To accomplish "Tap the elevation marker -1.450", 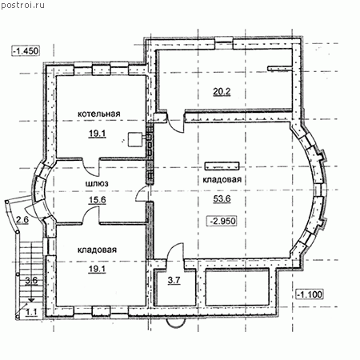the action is click(x=26, y=50).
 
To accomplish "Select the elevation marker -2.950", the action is click(x=222, y=221).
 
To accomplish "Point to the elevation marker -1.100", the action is click(x=310, y=294).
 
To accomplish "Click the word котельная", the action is click(x=99, y=114).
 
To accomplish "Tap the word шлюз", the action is click(x=97, y=183).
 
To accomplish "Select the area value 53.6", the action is click(x=222, y=198).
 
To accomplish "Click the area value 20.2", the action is click(x=222, y=91).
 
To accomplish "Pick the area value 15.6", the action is click(x=98, y=200).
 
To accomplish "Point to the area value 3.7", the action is click(x=174, y=280).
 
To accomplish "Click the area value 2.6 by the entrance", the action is click(x=22, y=220).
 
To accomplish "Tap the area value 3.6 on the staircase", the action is click(x=31, y=281).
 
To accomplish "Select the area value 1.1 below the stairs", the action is click(x=31, y=312).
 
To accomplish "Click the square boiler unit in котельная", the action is click(x=135, y=139).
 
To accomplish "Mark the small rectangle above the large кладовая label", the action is click(x=222, y=166).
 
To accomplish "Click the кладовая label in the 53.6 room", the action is click(x=222, y=180).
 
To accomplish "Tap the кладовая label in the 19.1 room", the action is click(x=97, y=250).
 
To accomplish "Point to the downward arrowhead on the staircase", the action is click(x=31, y=300).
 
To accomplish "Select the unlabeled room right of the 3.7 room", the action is click(x=237, y=287).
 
